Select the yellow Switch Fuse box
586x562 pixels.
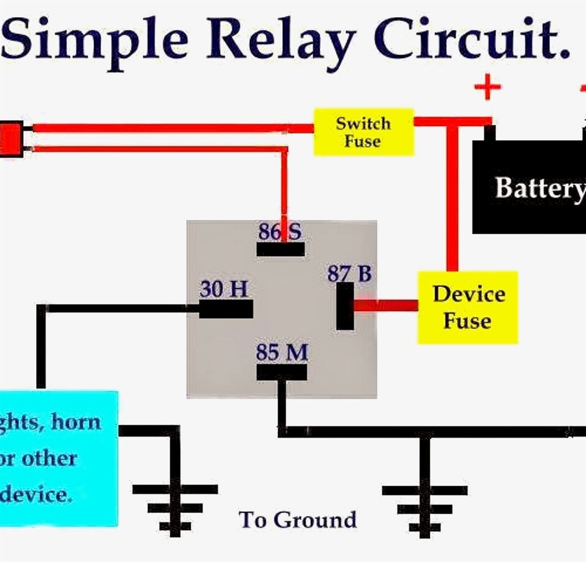tap(363, 132)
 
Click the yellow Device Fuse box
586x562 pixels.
tap(468, 308)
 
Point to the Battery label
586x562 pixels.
tap(539, 188)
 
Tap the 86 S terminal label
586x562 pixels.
tap(280, 231)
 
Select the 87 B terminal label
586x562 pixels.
tap(349, 274)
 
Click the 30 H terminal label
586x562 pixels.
tap(224, 289)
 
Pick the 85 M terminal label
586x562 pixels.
tap(282, 353)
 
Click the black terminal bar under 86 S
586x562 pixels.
tap(281, 250)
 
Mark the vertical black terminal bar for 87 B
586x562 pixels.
tap(345, 306)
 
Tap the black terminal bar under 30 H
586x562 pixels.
tap(226, 309)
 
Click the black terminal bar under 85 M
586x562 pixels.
tap(282, 372)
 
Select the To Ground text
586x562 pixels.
tap(298, 519)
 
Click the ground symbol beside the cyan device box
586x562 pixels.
tap(175, 506)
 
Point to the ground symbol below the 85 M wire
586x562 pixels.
tap(424, 506)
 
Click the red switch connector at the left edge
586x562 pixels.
tap(11, 139)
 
